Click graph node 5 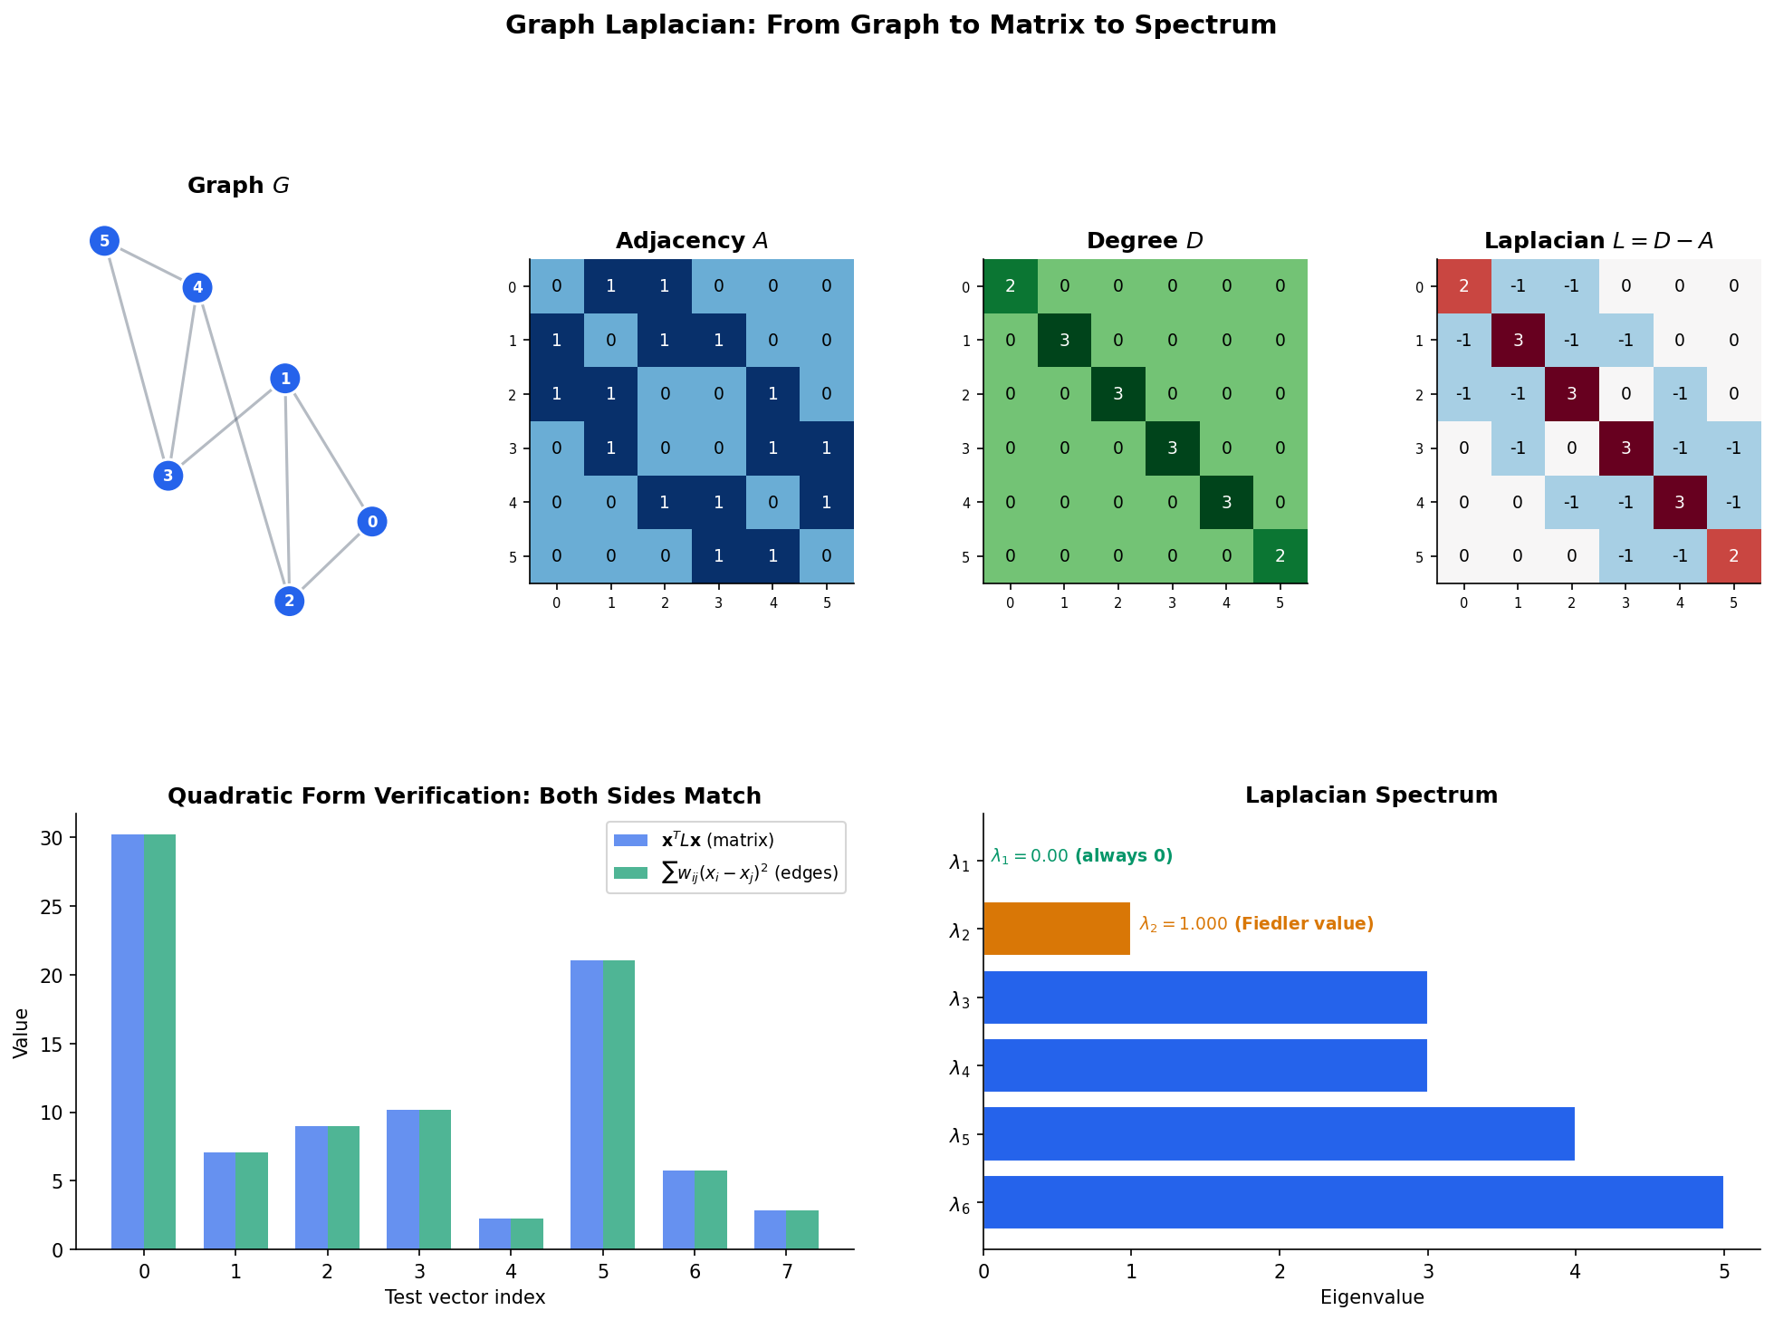105,241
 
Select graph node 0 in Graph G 372,522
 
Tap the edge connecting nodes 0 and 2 331,562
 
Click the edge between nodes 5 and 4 151,265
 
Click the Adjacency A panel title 692,241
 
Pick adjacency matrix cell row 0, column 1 610,286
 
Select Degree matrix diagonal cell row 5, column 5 1280,556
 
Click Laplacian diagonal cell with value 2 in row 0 1463,286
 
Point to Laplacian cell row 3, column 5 1733,448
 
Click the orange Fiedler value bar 1056,929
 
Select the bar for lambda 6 1352,1202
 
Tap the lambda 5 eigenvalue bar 1278,1133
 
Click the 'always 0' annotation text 1123,856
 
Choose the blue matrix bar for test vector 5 587,1104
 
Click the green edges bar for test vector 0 160,1042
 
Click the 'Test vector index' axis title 465,1297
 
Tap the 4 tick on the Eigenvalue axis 1575,1272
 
